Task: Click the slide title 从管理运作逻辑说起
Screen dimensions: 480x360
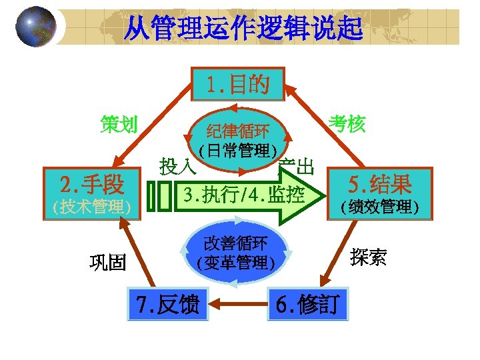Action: (x=244, y=29)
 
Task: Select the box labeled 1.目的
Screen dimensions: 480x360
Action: (x=237, y=85)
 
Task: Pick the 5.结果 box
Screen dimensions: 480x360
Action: (x=380, y=182)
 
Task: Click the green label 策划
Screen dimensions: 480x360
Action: (x=119, y=124)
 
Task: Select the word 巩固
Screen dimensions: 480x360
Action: (x=108, y=262)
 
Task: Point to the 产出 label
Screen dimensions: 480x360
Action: (x=297, y=166)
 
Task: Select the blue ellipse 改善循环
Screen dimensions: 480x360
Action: (x=236, y=252)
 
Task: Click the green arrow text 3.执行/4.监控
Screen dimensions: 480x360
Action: (x=244, y=195)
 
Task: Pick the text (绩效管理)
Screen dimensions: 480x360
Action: (x=379, y=207)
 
